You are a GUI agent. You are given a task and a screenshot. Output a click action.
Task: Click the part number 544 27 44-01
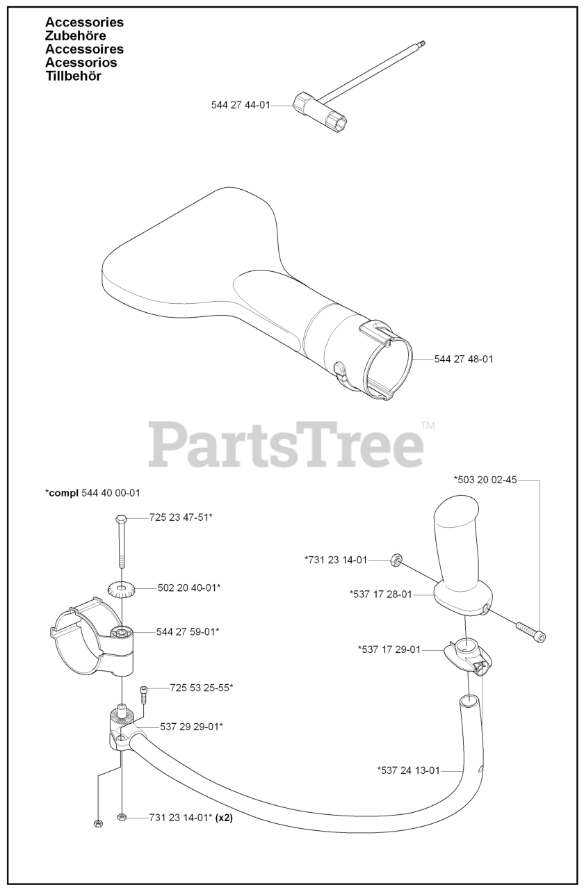[241, 105]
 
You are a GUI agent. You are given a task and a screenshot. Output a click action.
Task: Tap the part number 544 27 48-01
[464, 359]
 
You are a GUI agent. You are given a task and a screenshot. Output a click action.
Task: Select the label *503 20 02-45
[485, 480]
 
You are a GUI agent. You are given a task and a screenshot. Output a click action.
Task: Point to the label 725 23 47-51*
[181, 518]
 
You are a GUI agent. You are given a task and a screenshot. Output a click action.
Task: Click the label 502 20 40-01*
[189, 588]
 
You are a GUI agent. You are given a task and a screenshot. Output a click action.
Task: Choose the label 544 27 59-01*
[188, 631]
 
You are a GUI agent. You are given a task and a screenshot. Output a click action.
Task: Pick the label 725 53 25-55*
[201, 688]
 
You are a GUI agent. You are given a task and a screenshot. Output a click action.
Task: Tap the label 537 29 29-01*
[191, 727]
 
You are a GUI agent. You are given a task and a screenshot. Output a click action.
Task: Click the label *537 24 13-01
[409, 770]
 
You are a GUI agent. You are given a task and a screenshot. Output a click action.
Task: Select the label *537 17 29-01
[389, 649]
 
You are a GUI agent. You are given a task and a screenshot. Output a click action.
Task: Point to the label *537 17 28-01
[380, 594]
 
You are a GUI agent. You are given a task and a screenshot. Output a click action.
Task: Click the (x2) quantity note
[224, 818]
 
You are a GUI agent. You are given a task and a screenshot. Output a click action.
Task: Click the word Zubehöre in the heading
[75, 35]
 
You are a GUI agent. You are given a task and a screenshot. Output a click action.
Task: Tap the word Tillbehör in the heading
[73, 76]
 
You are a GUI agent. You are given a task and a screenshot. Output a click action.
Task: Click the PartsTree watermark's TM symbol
[428, 426]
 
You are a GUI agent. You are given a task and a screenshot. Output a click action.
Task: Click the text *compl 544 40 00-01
[92, 493]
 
